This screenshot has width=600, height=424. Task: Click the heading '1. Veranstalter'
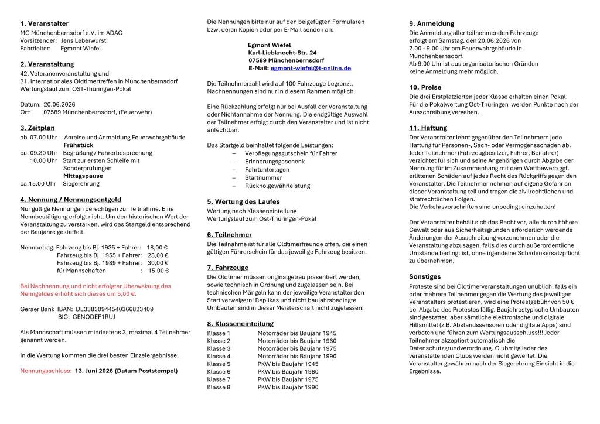click(44, 23)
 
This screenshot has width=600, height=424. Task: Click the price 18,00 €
click(157, 247)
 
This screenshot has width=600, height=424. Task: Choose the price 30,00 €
click(157, 263)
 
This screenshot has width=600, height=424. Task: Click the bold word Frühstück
click(79, 145)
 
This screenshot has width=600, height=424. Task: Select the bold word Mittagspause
click(83, 176)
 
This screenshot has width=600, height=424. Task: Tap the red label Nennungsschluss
click(46, 371)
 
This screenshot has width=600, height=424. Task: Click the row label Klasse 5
click(219, 364)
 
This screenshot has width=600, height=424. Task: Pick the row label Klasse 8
click(219, 387)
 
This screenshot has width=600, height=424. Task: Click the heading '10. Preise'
click(425, 87)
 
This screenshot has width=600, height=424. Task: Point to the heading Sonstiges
click(425, 276)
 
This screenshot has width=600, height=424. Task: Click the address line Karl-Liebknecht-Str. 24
click(282, 53)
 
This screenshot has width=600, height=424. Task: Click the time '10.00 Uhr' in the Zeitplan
click(43, 160)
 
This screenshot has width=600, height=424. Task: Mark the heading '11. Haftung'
click(428, 128)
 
